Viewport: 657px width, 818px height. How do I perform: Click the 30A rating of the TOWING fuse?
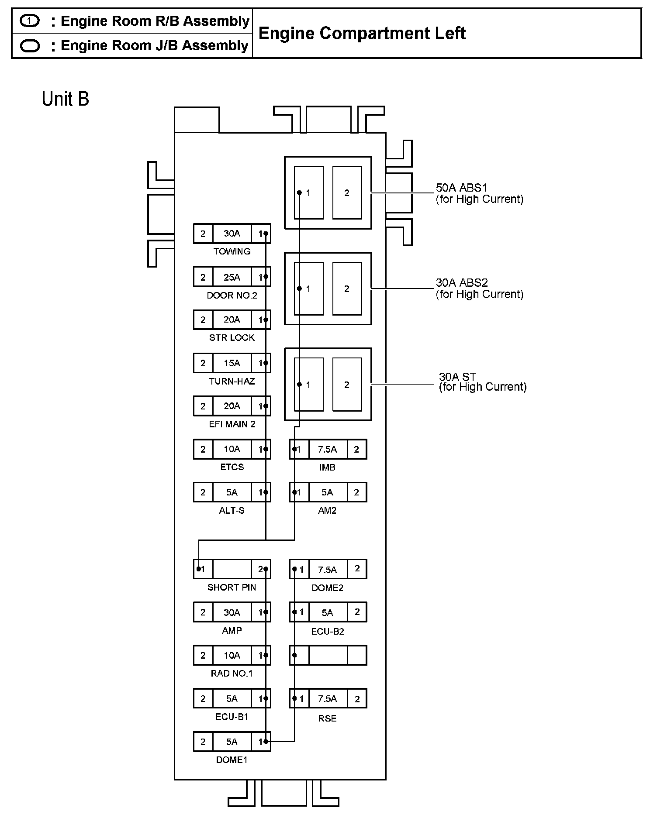point(232,234)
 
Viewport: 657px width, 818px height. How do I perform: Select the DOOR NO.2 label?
point(232,296)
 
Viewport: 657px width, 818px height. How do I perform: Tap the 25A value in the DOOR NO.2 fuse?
point(232,277)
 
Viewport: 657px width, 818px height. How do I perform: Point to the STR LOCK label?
point(232,338)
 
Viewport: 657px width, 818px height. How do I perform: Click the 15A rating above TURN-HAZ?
point(232,363)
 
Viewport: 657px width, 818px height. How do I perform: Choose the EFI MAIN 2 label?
point(232,424)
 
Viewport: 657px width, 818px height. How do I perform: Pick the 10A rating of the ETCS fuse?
point(232,449)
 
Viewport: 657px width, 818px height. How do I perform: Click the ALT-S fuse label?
point(232,511)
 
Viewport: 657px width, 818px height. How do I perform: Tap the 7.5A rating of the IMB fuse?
point(328,450)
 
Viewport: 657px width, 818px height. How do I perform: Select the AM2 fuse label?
point(327,511)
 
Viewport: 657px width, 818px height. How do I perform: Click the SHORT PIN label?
point(232,588)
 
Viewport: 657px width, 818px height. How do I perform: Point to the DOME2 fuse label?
point(328,588)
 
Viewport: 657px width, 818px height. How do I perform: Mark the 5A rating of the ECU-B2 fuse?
point(328,613)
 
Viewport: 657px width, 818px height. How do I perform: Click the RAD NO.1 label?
point(232,674)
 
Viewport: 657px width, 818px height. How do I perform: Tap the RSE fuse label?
point(328,718)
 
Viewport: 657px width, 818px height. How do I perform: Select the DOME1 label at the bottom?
point(232,760)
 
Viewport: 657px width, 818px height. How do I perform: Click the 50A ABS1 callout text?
point(461,188)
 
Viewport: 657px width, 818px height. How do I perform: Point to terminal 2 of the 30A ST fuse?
point(347,385)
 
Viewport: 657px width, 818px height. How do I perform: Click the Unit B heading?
point(66,99)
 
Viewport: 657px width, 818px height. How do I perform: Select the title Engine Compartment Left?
point(362,34)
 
